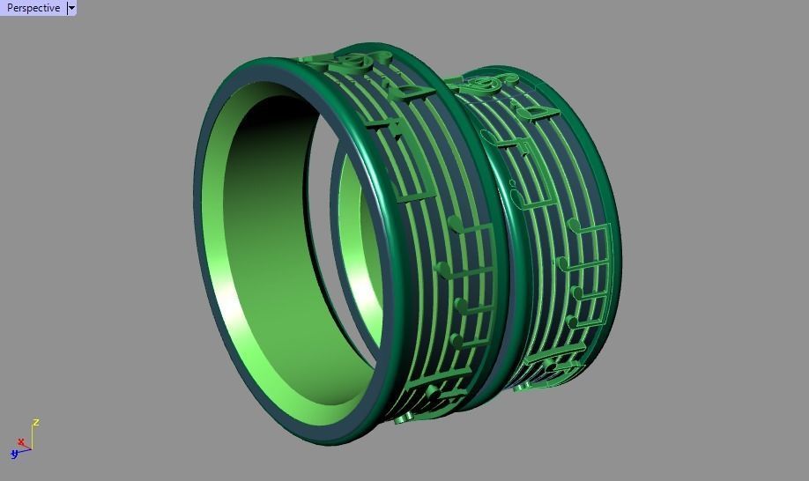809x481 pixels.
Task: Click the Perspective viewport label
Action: pos(33,8)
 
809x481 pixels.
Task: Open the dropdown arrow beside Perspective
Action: pos(71,8)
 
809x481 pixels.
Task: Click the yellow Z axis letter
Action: pos(36,423)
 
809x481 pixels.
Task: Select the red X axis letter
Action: pos(20,442)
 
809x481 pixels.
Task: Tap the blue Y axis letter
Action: pos(14,455)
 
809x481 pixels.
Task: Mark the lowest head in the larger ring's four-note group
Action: pos(454,340)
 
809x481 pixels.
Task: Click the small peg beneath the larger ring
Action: pos(402,421)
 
